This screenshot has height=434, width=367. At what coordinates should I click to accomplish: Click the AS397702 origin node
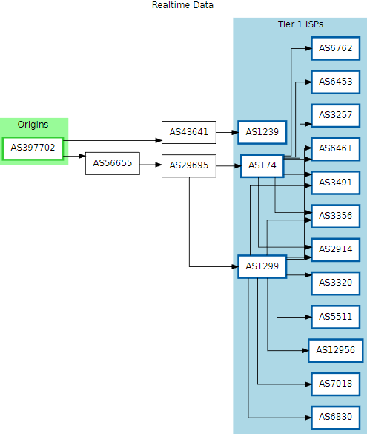point(33,148)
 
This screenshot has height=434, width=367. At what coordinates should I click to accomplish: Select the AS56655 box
point(113,163)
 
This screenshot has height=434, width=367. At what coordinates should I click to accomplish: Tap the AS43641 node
point(189,132)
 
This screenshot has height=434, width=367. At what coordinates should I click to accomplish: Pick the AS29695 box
point(189,165)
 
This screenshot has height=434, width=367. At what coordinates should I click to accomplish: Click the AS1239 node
point(262,132)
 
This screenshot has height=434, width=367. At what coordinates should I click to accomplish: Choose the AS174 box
point(262,165)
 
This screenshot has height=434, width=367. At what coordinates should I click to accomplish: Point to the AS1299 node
point(262,266)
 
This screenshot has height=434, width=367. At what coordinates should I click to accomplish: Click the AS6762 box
point(335,48)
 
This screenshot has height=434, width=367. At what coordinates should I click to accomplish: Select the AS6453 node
point(335,82)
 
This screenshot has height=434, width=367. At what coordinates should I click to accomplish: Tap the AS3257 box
point(335,116)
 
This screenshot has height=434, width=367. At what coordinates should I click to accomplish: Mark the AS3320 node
point(335,283)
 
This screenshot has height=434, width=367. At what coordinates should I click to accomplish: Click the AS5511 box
point(335,317)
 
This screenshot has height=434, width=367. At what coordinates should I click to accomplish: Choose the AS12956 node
point(335,350)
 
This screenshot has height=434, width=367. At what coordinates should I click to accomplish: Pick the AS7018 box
point(335,384)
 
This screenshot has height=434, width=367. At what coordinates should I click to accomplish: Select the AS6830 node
point(335,418)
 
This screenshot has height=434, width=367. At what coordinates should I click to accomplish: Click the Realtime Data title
point(182,5)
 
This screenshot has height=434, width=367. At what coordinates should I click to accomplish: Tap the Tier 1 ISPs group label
point(300,24)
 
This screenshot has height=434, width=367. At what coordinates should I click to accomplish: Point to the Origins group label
point(33,125)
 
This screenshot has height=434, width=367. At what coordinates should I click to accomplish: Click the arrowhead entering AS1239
point(235,132)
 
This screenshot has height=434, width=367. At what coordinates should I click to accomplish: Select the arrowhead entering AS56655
point(82,156)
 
